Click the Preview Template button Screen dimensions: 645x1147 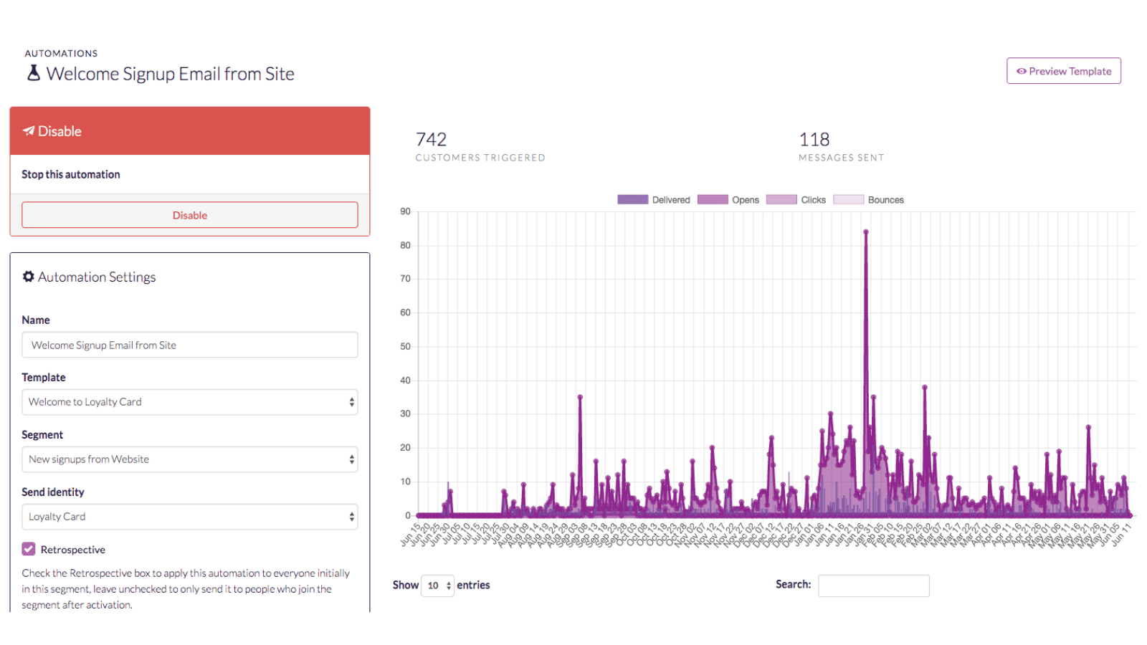tap(1063, 71)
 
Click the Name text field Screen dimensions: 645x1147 tap(189, 345)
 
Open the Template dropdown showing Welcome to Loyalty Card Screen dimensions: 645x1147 tap(189, 402)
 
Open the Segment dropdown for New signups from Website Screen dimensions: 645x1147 tap(189, 459)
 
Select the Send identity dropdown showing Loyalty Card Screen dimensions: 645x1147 tap(189, 517)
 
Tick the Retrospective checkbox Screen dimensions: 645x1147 tap(29, 549)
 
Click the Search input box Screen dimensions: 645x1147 tap(873, 586)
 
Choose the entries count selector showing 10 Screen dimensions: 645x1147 tap(437, 586)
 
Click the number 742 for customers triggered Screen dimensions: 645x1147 tap(431, 139)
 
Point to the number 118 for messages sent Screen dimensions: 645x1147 tap(814, 139)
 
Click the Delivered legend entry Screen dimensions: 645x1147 tap(653, 200)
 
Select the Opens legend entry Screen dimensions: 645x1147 tap(728, 200)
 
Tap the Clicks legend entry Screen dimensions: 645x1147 tap(796, 200)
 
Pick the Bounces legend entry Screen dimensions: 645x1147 tap(868, 200)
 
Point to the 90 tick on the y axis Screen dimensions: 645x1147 tap(406, 211)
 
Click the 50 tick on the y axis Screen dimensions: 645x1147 tap(406, 346)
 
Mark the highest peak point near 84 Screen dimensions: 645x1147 tap(866, 231)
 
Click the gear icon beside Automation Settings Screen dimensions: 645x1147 tap(29, 277)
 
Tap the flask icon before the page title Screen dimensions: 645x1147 tap(34, 73)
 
